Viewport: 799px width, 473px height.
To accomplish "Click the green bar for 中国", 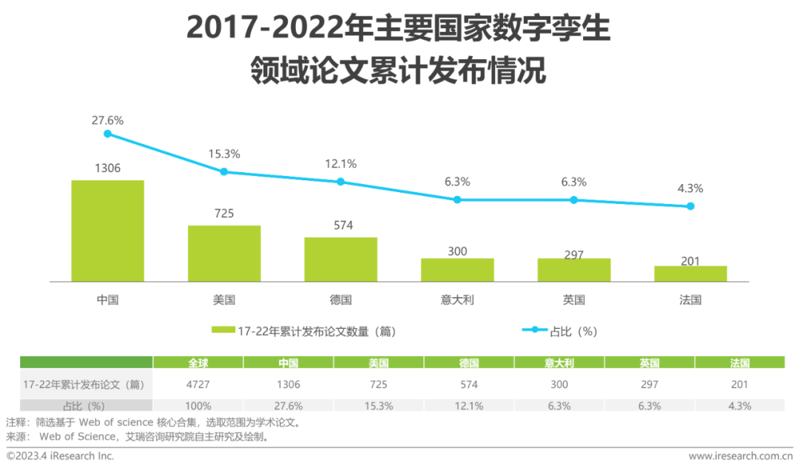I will [x=107, y=231].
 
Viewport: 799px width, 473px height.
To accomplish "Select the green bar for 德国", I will [x=340, y=259].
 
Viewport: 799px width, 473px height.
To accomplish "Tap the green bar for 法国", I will [x=690, y=273].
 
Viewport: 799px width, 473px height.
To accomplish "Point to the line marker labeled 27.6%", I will [x=107, y=134].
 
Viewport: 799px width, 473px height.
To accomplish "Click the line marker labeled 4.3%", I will [x=690, y=206].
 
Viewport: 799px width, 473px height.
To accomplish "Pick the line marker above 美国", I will [x=224, y=171].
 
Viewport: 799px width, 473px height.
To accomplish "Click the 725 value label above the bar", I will [x=224, y=214].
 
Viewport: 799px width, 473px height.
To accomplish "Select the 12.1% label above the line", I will [x=340, y=163].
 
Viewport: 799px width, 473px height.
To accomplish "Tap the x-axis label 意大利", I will [x=457, y=300].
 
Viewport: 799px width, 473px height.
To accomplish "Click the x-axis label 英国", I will [x=573, y=300].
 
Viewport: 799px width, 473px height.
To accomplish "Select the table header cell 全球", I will [x=198, y=363].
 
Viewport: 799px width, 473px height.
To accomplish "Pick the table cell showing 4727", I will [x=198, y=384].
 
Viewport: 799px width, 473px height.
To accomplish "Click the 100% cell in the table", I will [x=198, y=406].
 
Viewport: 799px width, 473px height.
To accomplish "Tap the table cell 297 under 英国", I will [x=650, y=384].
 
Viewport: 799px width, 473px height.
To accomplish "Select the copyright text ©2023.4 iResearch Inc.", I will [x=61, y=456].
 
